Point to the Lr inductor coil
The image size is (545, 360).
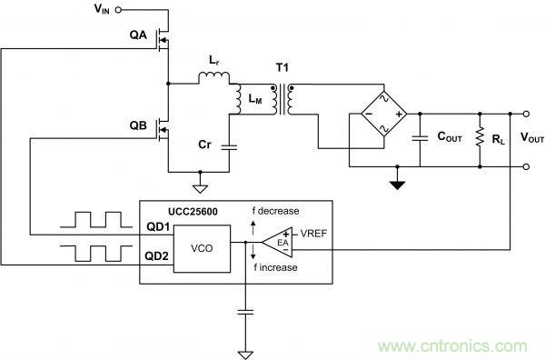tap(213, 80)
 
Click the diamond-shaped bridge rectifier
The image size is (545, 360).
tap(375, 115)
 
